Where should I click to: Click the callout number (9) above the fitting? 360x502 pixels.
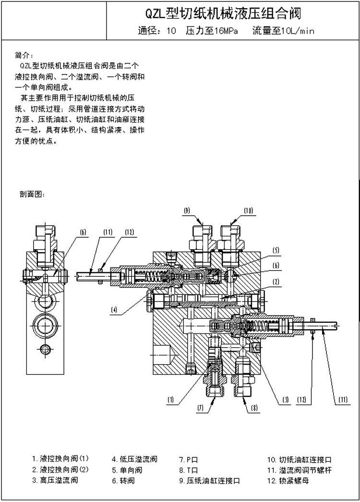click(x=187, y=210)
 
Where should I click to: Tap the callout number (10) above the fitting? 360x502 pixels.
click(x=248, y=210)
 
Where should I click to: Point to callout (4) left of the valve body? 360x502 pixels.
click(x=114, y=310)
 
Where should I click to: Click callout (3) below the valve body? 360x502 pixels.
click(x=285, y=399)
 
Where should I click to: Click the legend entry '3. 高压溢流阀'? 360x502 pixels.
click(x=55, y=480)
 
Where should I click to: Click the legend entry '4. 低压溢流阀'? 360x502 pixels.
click(x=134, y=459)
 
